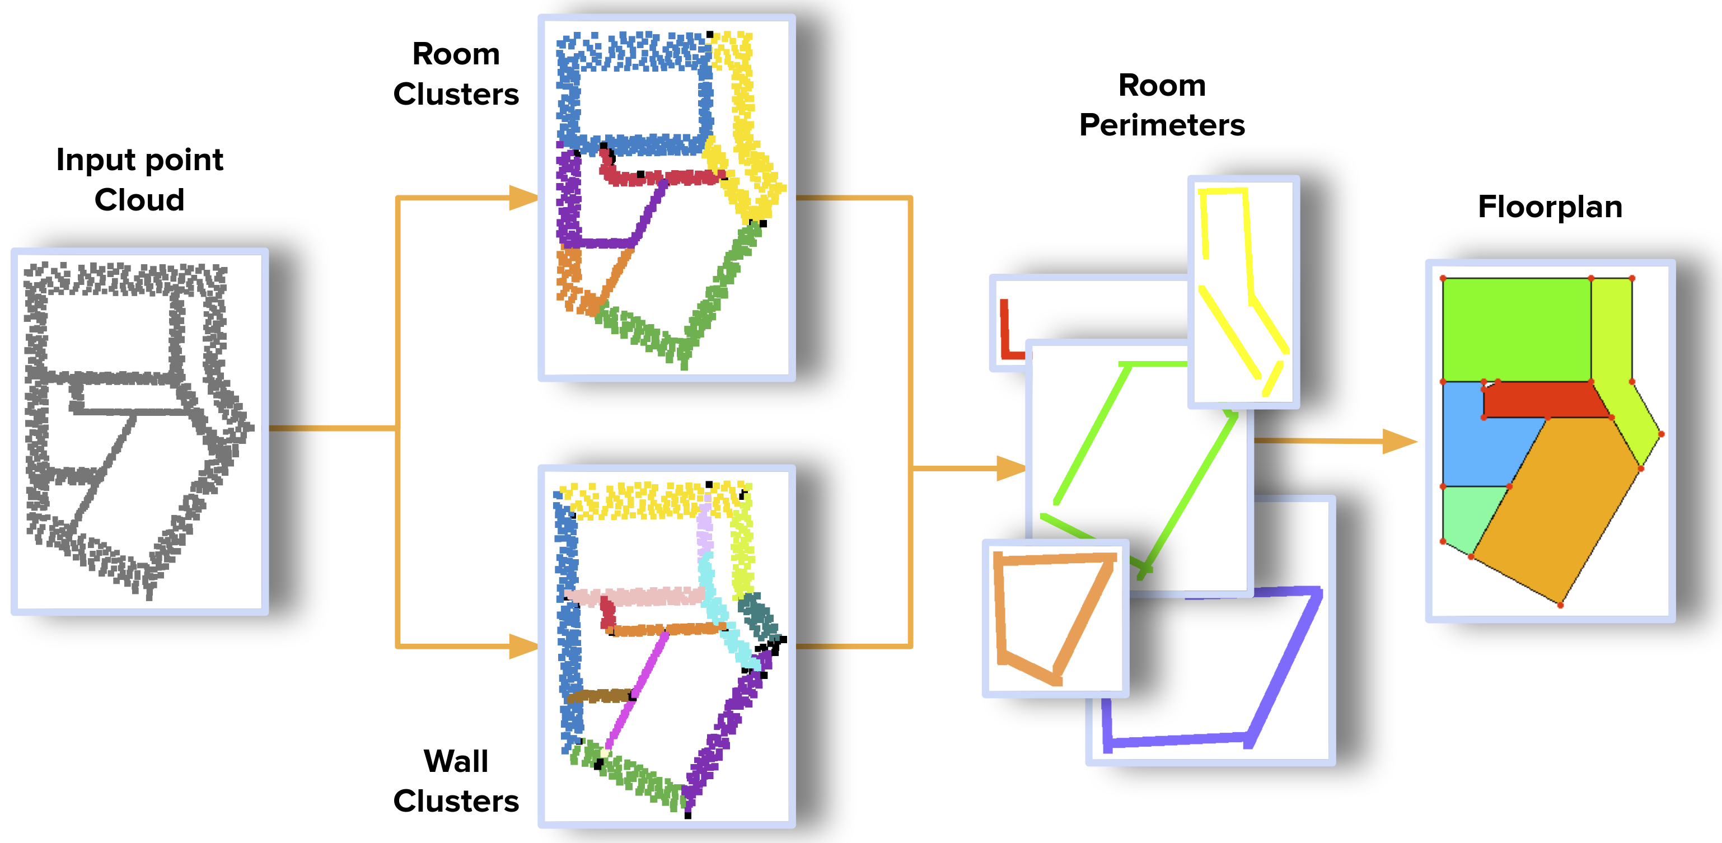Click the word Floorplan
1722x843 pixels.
[1550, 207]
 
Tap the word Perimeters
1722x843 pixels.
[1162, 125]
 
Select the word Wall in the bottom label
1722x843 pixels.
[456, 761]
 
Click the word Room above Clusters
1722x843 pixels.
[456, 54]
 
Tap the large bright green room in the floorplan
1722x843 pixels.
[1516, 329]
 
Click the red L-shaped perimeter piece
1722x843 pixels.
[1005, 334]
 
